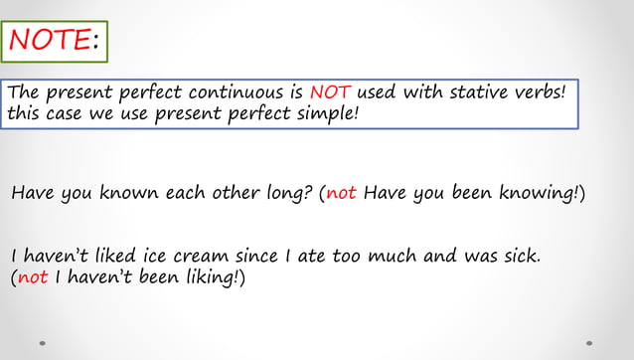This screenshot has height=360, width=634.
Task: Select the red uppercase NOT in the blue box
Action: click(x=330, y=92)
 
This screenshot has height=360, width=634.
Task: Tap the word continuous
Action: click(x=242, y=92)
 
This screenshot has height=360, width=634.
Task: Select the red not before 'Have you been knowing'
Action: click(x=341, y=192)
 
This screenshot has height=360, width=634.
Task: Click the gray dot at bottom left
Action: click(x=43, y=343)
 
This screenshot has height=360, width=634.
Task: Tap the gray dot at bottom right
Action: click(x=589, y=343)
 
